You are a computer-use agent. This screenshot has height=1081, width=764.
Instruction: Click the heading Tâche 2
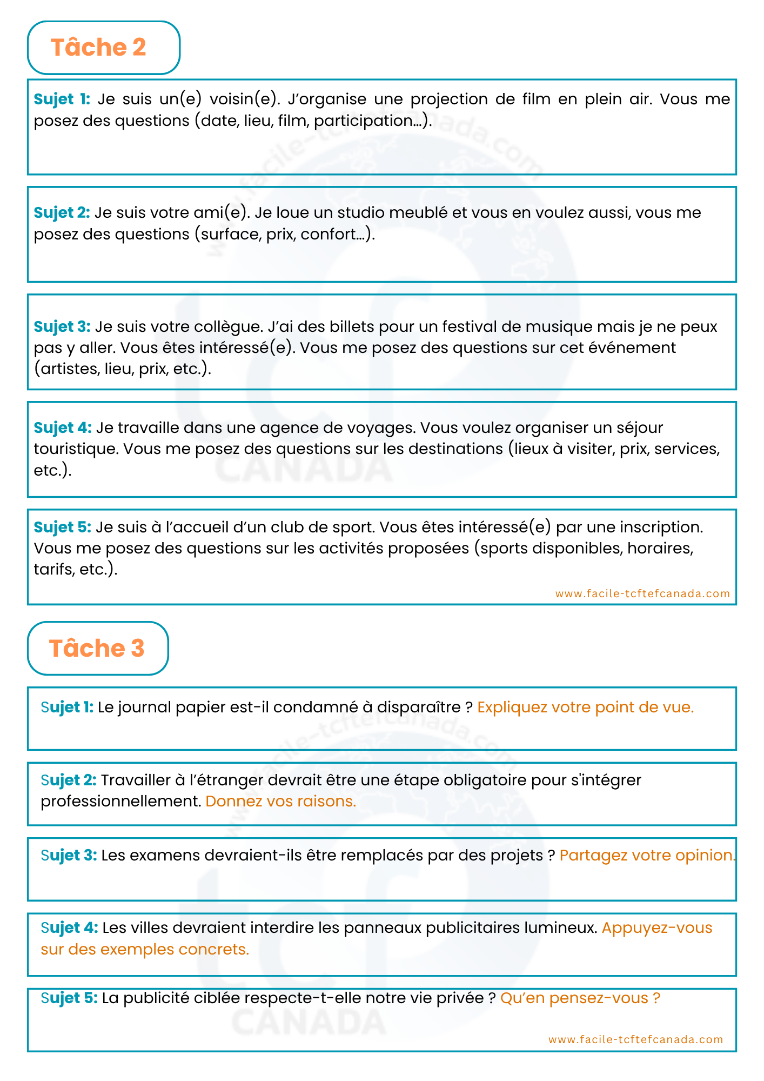click(98, 48)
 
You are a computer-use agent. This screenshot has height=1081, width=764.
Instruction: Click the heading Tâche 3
click(97, 648)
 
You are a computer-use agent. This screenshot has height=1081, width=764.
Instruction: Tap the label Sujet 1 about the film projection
click(62, 99)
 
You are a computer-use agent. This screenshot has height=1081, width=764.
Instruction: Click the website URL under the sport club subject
click(642, 593)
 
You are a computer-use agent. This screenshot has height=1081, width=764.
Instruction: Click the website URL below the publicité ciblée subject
click(635, 1039)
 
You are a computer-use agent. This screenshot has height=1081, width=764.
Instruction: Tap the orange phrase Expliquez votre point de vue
click(585, 708)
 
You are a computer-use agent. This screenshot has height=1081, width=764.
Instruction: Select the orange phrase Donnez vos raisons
click(280, 801)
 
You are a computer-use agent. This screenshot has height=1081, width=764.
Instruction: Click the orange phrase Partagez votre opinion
click(647, 856)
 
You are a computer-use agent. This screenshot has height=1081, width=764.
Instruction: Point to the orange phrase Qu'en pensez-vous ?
click(580, 998)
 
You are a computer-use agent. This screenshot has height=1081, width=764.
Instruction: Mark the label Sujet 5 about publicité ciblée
click(69, 998)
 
